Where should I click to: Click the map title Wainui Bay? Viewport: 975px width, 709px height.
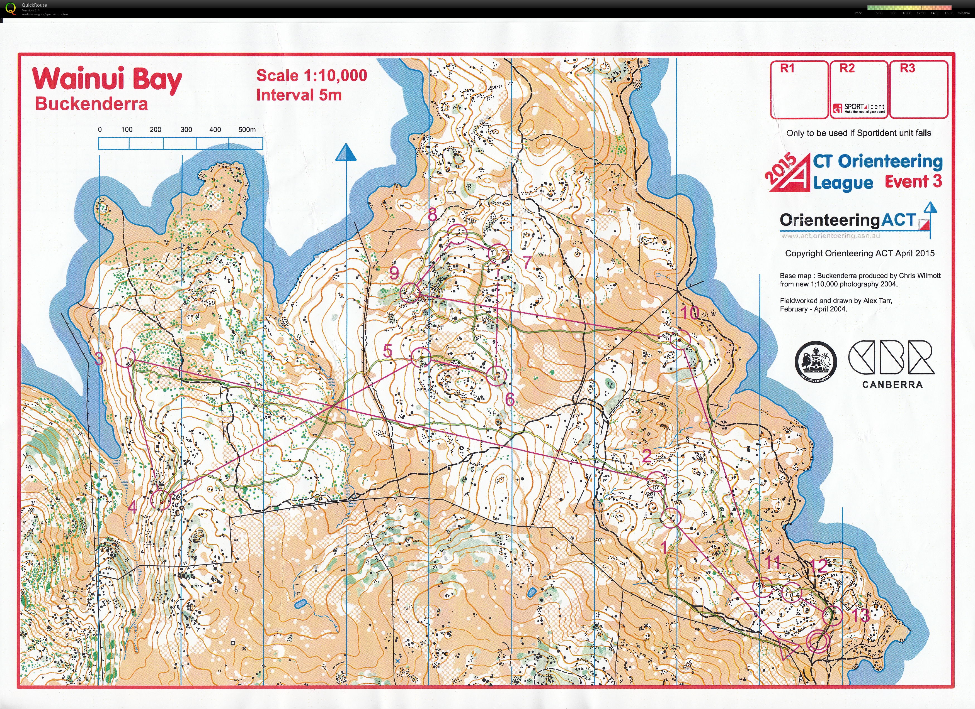pos(108,80)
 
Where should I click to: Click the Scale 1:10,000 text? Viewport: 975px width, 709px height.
pos(311,76)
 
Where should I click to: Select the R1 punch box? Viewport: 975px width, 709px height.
pos(799,89)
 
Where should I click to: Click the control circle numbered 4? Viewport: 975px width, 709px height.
pos(161,500)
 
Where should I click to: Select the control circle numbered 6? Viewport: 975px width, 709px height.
pos(497,376)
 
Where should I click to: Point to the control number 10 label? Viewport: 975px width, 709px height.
pos(690,313)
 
